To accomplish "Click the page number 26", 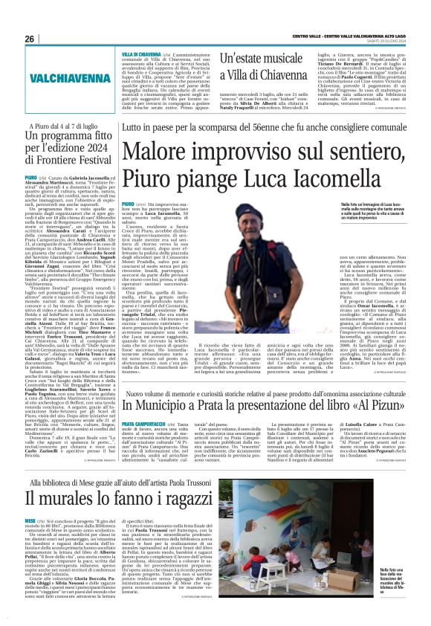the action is (x=29, y=39).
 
